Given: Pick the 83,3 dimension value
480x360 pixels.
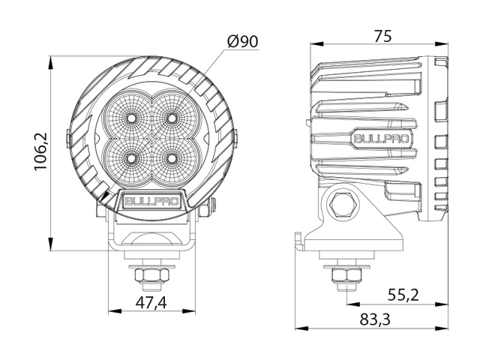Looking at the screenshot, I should click(x=375, y=319).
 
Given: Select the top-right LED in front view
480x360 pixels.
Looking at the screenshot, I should click(x=172, y=118).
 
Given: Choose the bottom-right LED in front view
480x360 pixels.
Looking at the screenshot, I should click(x=172, y=158).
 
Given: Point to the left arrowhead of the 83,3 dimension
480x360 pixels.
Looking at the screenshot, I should click(x=296, y=328).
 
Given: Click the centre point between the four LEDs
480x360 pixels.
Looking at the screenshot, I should click(x=152, y=139).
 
